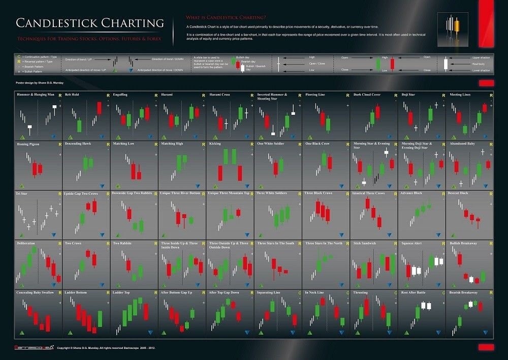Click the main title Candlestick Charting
[90, 23]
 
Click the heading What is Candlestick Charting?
[219, 17]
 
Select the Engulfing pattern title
[120, 95]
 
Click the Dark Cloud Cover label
[368, 95]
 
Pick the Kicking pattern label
[215, 144]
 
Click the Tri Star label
[22, 193]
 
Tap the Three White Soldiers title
[272, 193]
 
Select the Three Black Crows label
[319, 193]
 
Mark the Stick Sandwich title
[365, 243]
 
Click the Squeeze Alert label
[411, 243]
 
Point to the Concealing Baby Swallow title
[35, 292]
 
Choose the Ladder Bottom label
[76, 292]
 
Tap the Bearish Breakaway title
[463, 292]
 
